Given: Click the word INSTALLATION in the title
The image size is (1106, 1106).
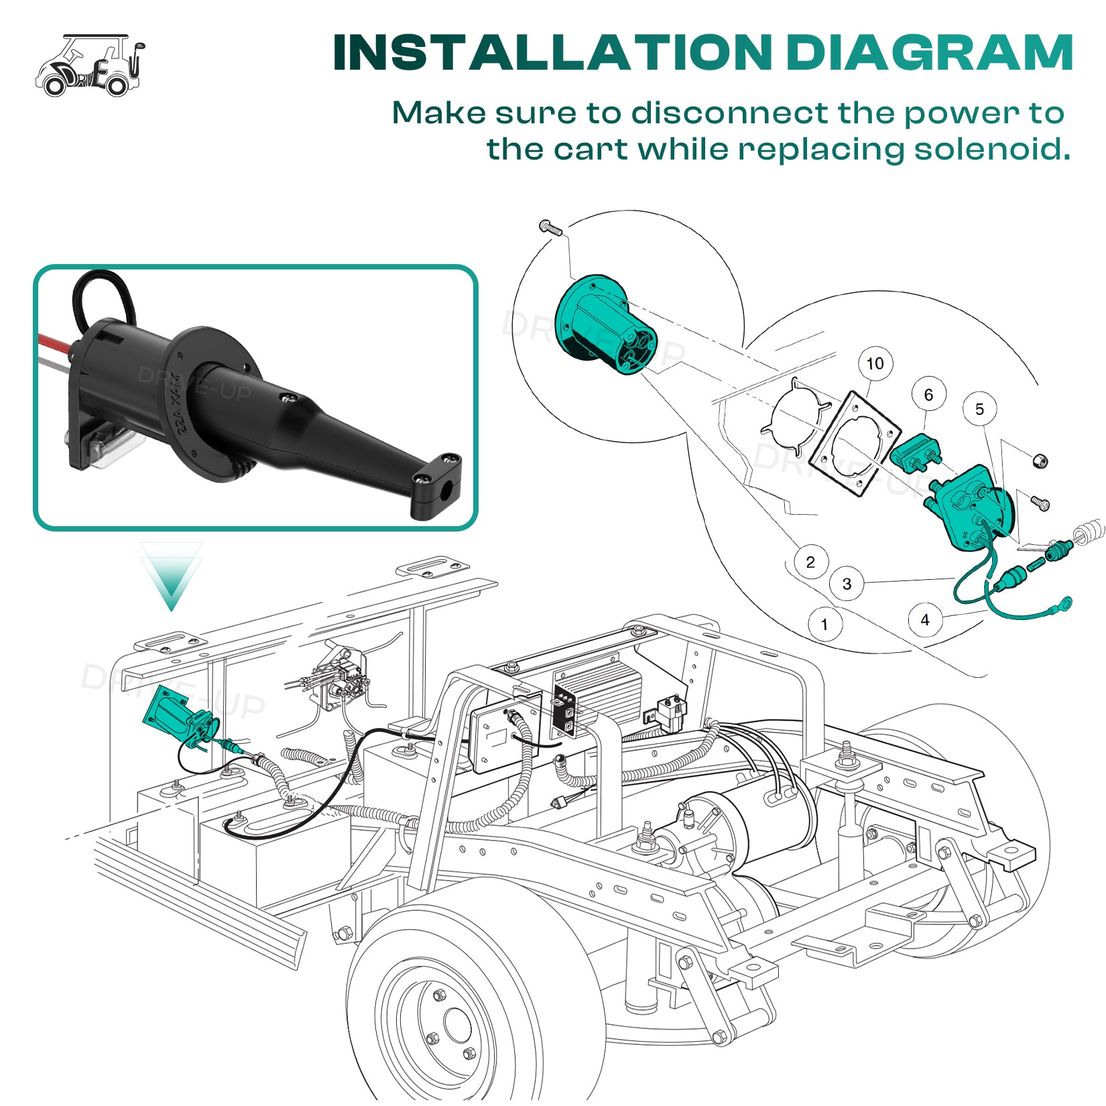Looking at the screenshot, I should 552,53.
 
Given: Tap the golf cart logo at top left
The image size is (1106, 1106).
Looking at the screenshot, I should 90,66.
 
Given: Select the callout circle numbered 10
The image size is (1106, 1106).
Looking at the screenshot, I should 875,364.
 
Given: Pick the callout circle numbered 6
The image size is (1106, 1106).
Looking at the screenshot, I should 928,395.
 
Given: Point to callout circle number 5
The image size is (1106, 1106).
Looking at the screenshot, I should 979,410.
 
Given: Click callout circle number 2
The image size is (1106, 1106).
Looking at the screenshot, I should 810,562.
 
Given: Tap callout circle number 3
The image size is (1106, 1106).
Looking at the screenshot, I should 847,584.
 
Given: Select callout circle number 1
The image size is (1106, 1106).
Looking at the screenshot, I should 824,625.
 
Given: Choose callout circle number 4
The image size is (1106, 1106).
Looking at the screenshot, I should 925,620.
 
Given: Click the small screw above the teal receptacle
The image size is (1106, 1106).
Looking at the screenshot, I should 549,228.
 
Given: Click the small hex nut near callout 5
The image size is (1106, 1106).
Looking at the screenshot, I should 1039,460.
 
